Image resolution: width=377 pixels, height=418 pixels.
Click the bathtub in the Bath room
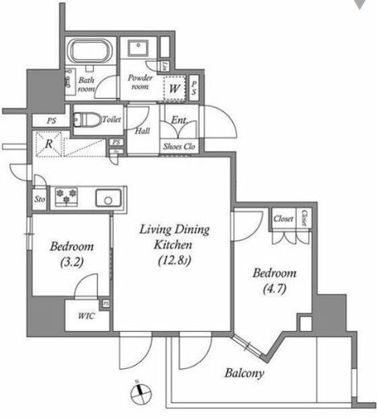click(x=91, y=54)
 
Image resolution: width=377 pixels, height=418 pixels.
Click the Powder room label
click(x=140, y=83)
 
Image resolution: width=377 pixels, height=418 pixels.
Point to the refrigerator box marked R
click(x=50, y=145)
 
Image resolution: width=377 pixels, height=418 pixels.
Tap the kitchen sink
click(x=105, y=197)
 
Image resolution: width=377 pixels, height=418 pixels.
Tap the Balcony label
click(x=245, y=372)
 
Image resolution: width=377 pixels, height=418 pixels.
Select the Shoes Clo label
click(x=178, y=146)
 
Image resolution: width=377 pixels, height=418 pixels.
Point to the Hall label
click(x=143, y=131)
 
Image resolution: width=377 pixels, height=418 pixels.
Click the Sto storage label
click(x=39, y=198)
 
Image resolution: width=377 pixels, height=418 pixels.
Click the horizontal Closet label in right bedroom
click(x=282, y=218)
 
